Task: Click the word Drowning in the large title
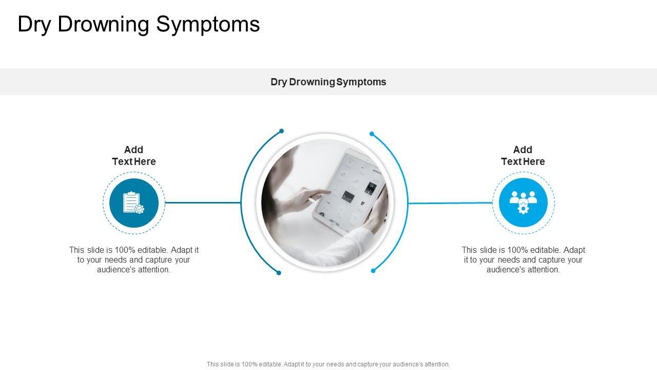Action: pos(104,24)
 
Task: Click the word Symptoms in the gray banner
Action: pos(361,82)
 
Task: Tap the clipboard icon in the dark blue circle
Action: pos(133,202)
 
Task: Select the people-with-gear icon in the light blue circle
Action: pos(523,202)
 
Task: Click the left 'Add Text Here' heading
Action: pos(134,156)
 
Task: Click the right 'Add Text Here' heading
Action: pos(523,156)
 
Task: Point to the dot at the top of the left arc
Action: pos(281,131)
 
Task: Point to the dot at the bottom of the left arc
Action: pos(279,273)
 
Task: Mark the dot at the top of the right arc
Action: pos(372,134)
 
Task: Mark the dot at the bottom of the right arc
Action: pos(373,271)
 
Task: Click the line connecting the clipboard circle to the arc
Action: pos(203,202)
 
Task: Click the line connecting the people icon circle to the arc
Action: pos(450,203)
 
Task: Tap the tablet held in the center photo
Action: pos(349,191)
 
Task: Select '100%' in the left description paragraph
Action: pos(125,250)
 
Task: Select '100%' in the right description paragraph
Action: pos(518,250)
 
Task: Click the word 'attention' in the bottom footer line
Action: pos(436,364)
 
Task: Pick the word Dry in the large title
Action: pos(34,24)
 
